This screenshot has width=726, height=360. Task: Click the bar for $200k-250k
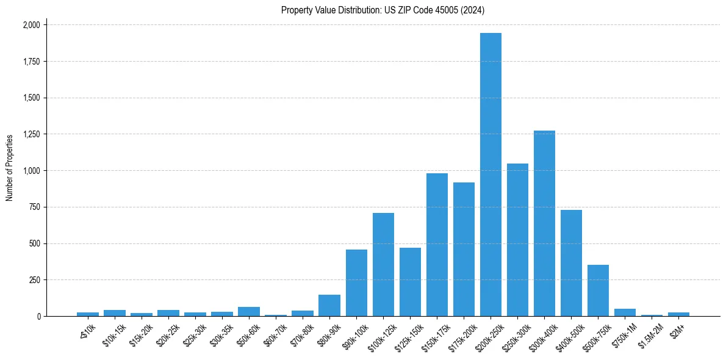tap(491, 175)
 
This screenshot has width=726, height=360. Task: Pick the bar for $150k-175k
tap(437, 245)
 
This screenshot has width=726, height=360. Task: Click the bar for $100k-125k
tap(383, 265)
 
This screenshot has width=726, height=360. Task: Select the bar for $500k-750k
tap(598, 290)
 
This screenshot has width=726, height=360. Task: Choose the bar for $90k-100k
tap(356, 283)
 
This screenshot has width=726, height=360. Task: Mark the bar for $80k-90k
tap(329, 306)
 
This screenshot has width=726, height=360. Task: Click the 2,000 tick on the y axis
tap(31, 25)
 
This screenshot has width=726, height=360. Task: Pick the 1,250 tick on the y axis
tap(31, 134)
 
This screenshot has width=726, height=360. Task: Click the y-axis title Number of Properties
tap(9, 167)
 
